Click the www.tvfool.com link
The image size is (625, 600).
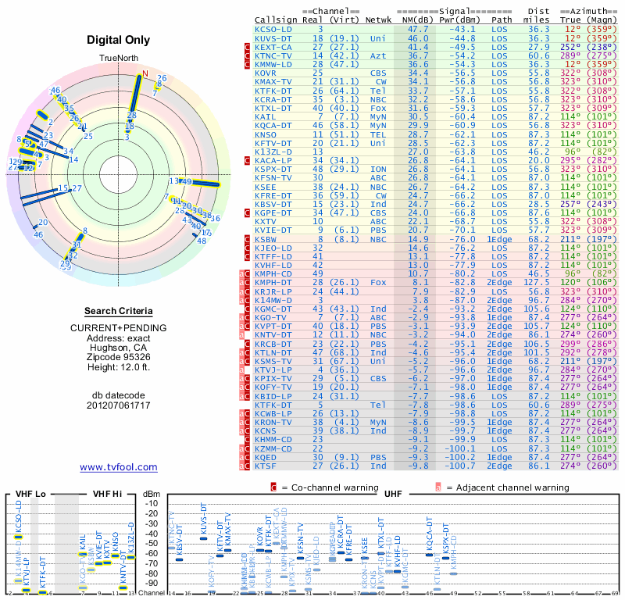point(119,467)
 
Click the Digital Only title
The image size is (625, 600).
point(119,40)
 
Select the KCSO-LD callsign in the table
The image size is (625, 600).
point(273,29)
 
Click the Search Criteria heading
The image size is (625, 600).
point(119,310)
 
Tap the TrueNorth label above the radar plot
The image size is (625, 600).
point(119,59)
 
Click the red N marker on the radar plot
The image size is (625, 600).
point(143,75)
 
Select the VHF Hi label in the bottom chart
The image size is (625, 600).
point(108,493)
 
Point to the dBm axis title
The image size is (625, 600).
point(151,493)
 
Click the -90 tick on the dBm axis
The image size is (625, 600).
point(151,583)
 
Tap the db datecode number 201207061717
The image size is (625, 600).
point(119,405)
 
